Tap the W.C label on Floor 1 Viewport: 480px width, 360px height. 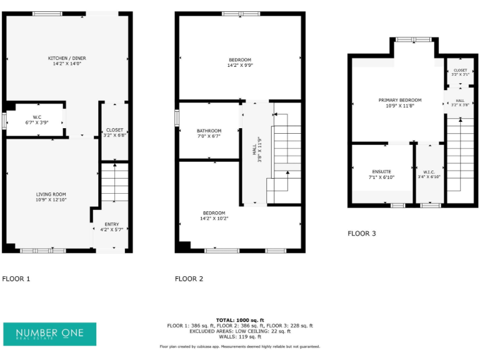click(37, 117)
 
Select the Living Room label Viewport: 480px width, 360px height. click(51, 194)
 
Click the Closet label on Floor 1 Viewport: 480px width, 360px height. click(114, 130)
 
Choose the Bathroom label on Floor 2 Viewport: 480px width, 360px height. click(209, 131)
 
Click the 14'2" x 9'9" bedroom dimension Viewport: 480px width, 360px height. click(240, 65)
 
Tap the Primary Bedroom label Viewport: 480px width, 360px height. click(400, 100)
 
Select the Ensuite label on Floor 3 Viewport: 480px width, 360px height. click(381, 171)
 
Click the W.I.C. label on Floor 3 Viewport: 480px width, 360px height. click(429, 171)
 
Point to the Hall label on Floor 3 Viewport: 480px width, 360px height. click(459, 101)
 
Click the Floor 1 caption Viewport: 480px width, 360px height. click(16, 279)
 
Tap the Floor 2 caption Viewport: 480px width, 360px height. click(189, 279)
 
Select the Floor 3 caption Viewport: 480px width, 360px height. click(362, 234)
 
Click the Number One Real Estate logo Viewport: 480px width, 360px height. click(50, 334)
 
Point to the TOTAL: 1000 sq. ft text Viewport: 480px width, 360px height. click(240, 320)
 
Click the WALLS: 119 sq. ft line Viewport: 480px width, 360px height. click(240, 337)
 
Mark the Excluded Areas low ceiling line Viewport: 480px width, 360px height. click(240, 331)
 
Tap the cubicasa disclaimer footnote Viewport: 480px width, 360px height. click(240, 346)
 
